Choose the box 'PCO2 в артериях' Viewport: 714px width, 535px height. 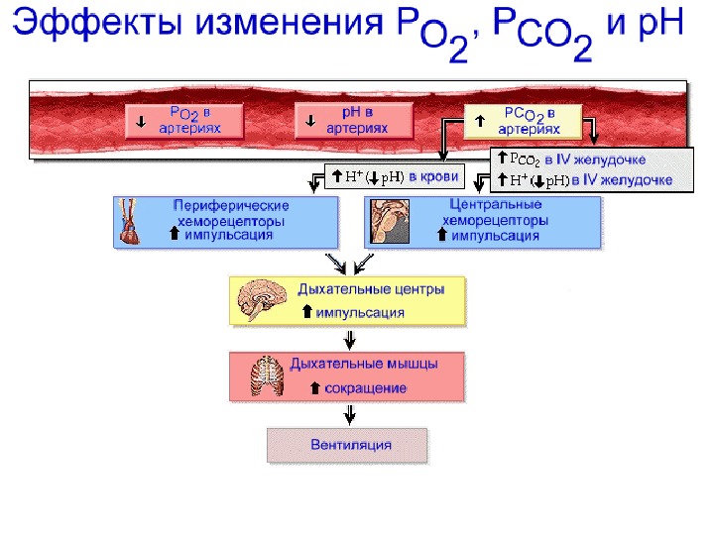click(526, 121)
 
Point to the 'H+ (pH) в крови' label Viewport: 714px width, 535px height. click(394, 177)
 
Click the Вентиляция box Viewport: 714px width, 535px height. click(349, 446)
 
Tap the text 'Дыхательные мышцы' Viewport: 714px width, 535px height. click(364, 365)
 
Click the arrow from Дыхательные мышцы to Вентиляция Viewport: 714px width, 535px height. click(348, 414)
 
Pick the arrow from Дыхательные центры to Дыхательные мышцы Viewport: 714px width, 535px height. click(348, 338)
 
